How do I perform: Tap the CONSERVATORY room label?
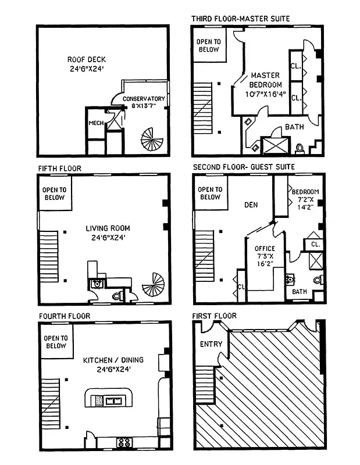tap(144, 102)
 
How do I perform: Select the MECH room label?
tap(96, 123)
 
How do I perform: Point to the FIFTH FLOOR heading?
tap(60, 169)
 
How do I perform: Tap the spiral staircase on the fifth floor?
tap(155, 286)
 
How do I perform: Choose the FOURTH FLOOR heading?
tap(65, 316)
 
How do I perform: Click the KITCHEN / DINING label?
tap(113, 364)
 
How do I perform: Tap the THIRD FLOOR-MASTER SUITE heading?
tap(240, 19)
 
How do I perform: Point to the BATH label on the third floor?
tap(293, 127)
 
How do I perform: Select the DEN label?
tap(251, 205)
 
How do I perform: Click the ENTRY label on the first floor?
tap(211, 344)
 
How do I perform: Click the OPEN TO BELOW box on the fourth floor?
tap(56, 342)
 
